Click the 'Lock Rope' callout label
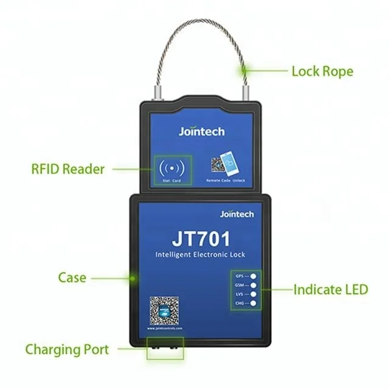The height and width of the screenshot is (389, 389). [322, 71]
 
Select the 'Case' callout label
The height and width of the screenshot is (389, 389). [72, 278]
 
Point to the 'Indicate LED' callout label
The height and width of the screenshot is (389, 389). [331, 289]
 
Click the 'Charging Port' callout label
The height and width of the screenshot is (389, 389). [67, 349]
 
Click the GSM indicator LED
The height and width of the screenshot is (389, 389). [251, 284]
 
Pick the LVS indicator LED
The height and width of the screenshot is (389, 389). [251, 293]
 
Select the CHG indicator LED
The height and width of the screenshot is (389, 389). [251, 302]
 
